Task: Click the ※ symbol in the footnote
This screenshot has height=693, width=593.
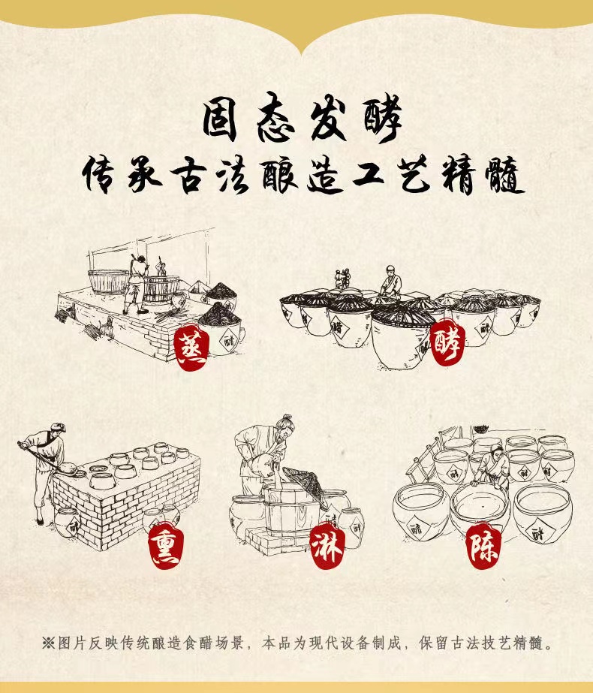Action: point(48,643)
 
